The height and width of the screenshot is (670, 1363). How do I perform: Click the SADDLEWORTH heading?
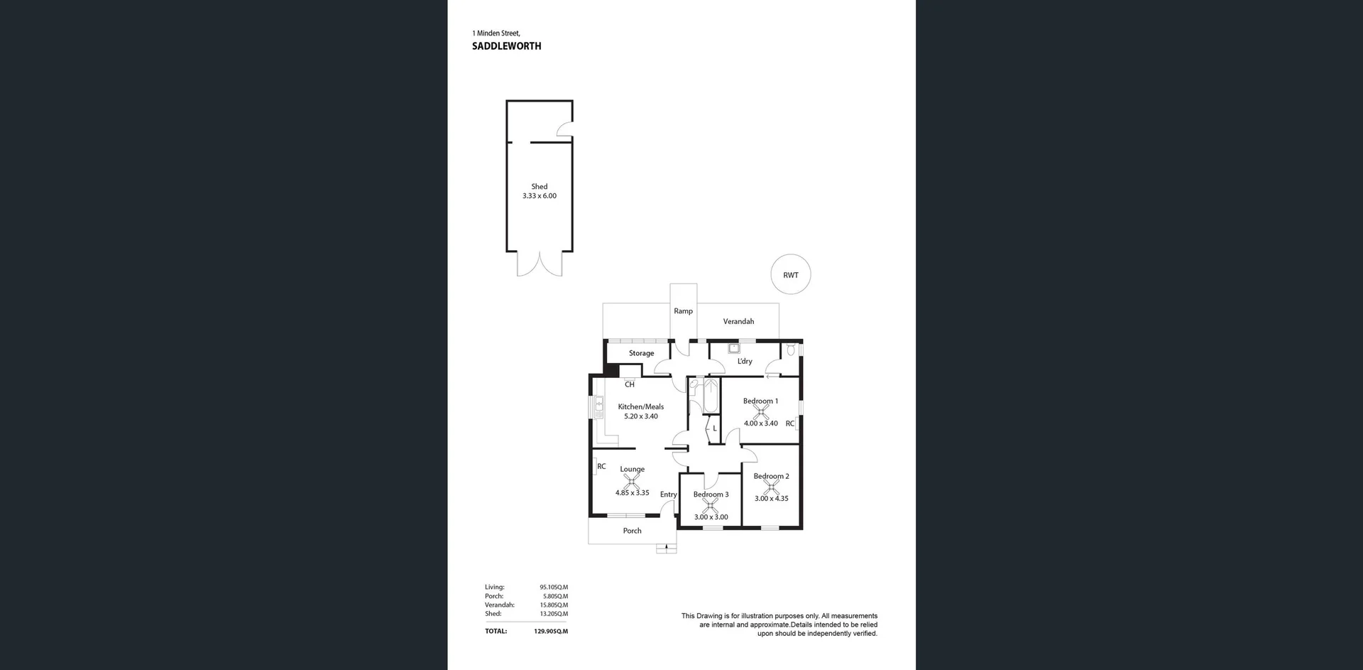pyautogui.click(x=506, y=46)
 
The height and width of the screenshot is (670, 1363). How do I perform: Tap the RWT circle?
pyautogui.click(x=790, y=275)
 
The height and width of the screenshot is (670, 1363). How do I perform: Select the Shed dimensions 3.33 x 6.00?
pyautogui.click(x=540, y=196)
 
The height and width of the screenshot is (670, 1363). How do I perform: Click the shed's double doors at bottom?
pyautogui.click(x=540, y=264)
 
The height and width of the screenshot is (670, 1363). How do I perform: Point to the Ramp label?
pyautogui.click(x=683, y=311)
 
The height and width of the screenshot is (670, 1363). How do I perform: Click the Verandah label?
pyautogui.click(x=738, y=322)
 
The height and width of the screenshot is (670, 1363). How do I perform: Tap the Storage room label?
pyautogui.click(x=641, y=353)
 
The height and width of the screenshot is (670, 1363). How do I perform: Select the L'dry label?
pyautogui.click(x=745, y=362)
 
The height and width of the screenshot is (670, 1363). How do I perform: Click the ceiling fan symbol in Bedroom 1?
pyautogui.click(x=760, y=411)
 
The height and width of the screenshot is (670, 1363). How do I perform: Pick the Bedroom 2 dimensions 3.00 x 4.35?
pyautogui.click(x=771, y=499)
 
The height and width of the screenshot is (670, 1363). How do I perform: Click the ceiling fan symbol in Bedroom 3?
pyautogui.click(x=710, y=505)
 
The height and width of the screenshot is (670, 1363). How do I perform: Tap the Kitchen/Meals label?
pyautogui.click(x=640, y=407)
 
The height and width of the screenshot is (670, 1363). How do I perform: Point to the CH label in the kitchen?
pyautogui.click(x=630, y=384)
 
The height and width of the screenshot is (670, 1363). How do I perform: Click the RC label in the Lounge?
pyautogui.click(x=601, y=467)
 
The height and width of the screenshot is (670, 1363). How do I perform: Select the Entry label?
pyautogui.click(x=668, y=495)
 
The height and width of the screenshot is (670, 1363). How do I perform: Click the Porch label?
pyautogui.click(x=632, y=531)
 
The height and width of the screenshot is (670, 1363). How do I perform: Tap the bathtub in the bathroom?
pyautogui.click(x=711, y=396)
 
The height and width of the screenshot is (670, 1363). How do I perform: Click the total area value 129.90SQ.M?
pyautogui.click(x=551, y=631)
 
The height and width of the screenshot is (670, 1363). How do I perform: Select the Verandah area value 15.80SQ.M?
pyautogui.click(x=554, y=605)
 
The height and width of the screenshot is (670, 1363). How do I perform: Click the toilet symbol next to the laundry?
pyautogui.click(x=791, y=350)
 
